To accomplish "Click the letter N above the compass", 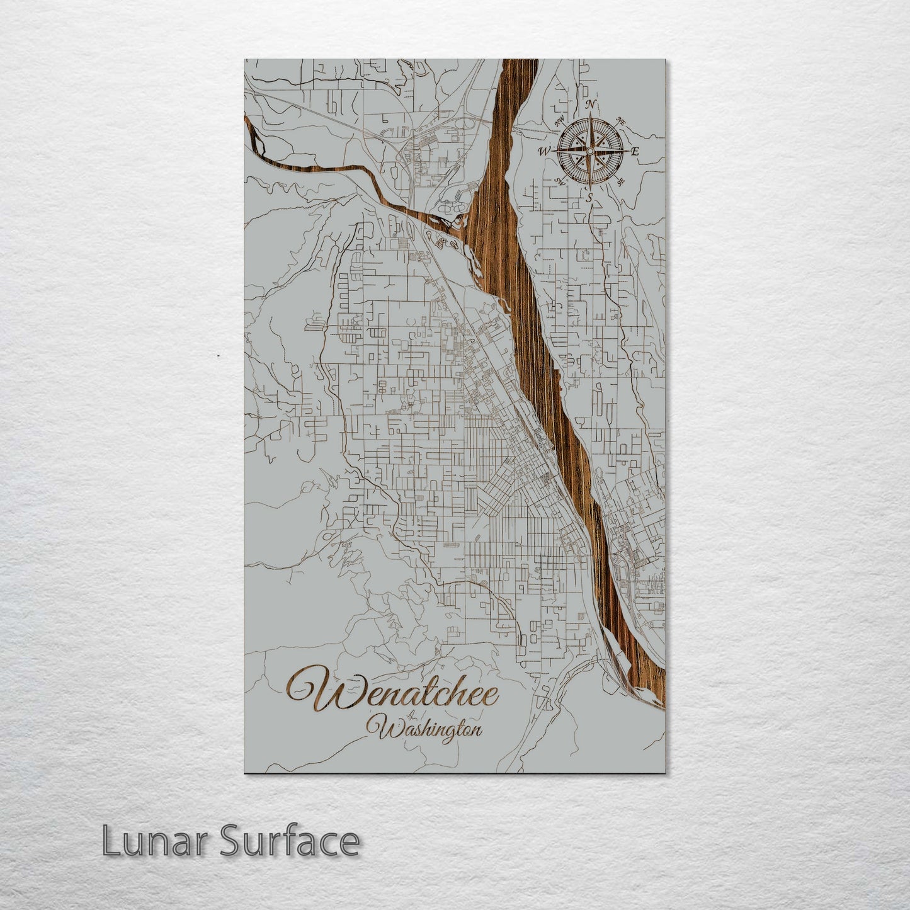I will [590, 105].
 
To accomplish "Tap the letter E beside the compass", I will [635, 151].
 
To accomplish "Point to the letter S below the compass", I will [589, 198].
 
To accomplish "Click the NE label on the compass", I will [620, 120].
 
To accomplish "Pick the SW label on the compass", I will [559, 182].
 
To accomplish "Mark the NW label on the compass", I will [559, 120].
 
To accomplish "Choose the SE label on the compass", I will [621, 183].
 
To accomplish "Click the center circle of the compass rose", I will [589, 151].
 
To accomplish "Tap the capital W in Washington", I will [386, 728].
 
